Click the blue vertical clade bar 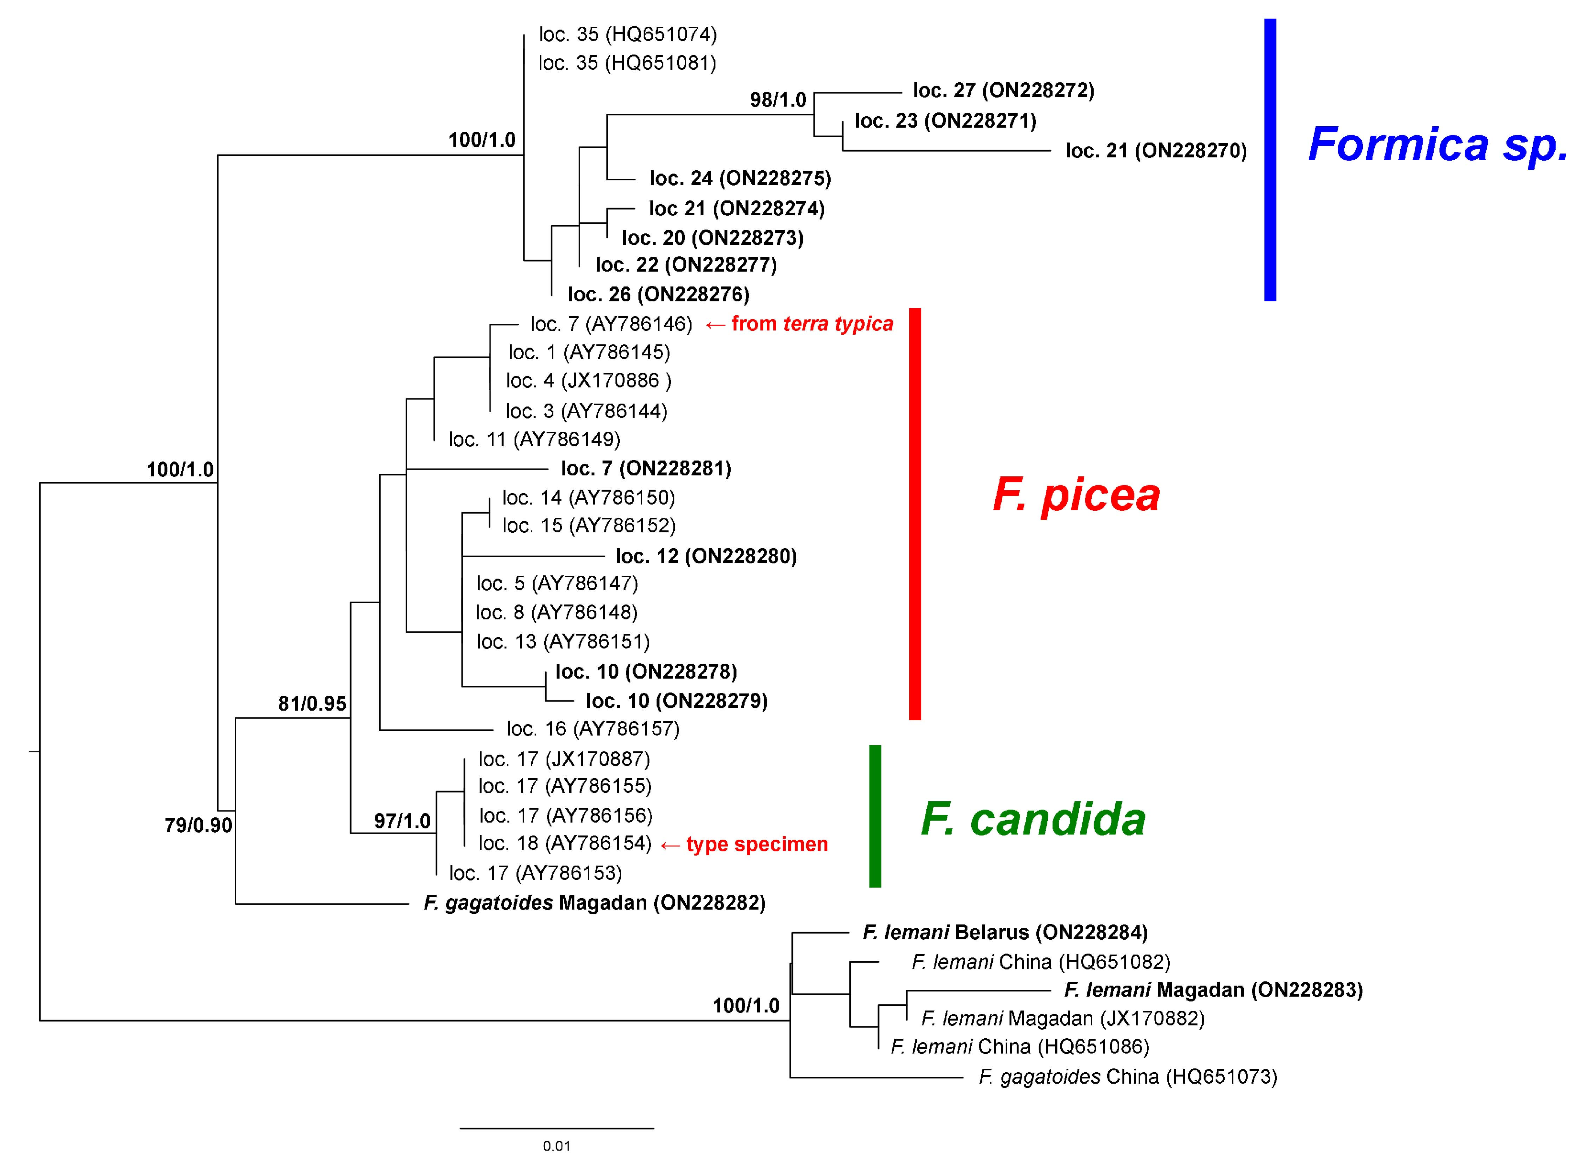coord(1270,160)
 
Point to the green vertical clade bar coord(875,816)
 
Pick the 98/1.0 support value coord(778,99)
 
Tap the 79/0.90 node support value coord(198,825)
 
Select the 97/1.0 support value coord(402,821)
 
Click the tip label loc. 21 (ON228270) coord(1155,150)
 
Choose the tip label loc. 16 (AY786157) coord(592,728)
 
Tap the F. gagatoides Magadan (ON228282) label coord(594,902)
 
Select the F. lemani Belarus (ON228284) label coord(1005,932)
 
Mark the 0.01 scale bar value coord(556,1146)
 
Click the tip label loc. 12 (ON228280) coord(706,556)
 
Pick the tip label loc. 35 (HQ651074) coord(627,34)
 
